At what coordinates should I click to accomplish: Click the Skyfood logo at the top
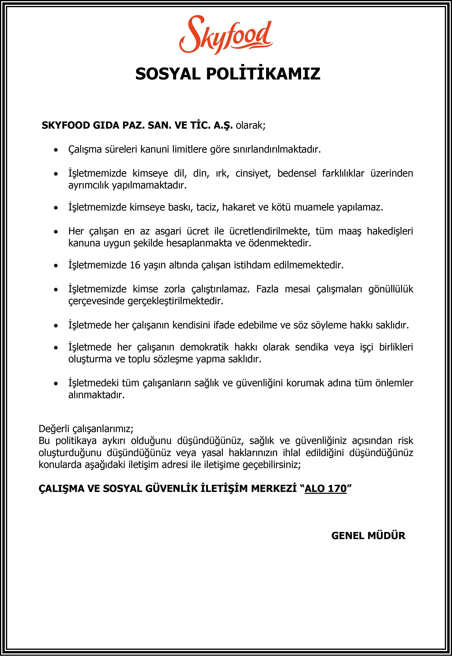click(226, 35)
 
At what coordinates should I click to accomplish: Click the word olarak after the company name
click(250, 125)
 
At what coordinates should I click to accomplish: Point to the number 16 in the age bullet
click(135, 265)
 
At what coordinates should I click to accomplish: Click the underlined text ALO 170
click(326, 489)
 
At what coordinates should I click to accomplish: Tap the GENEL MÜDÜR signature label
click(368, 536)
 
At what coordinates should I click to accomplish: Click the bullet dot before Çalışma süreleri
click(56, 150)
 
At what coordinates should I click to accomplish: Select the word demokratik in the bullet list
click(204, 347)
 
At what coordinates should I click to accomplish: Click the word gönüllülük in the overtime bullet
click(391, 289)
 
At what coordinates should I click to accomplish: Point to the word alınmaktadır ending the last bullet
click(96, 395)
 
